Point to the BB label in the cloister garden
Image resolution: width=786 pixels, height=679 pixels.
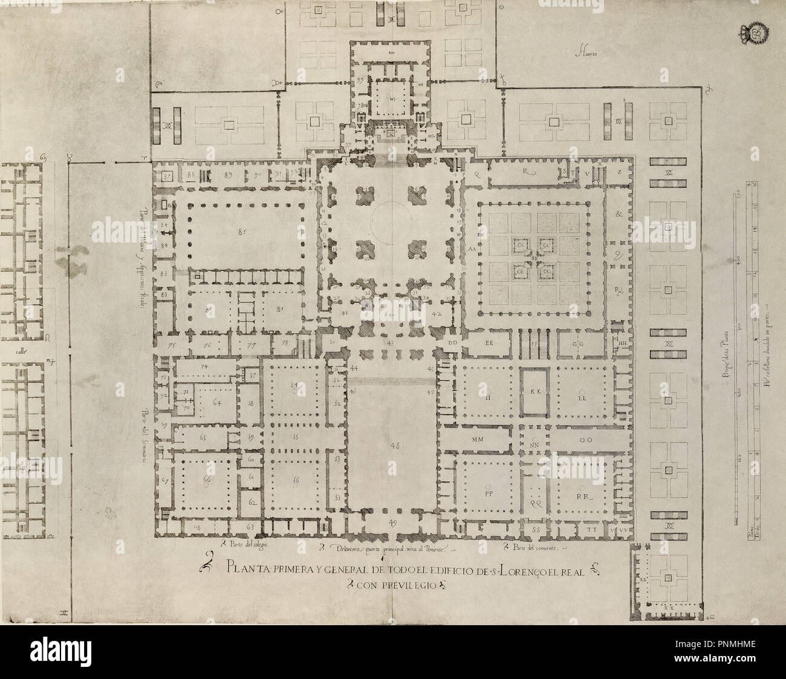(534, 258)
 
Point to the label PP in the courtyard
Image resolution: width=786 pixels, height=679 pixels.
(489, 493)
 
